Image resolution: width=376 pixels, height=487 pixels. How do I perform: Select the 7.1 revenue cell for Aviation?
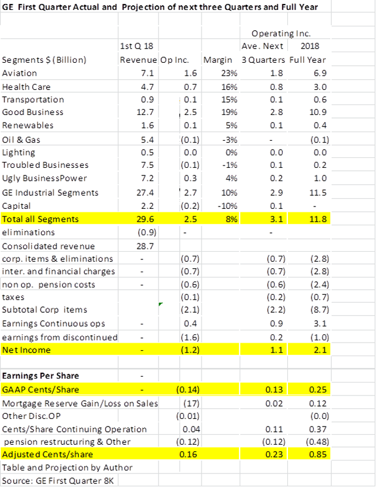147,73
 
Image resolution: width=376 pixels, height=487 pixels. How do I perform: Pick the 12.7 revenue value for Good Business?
145,112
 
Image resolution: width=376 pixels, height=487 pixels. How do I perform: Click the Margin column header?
216,60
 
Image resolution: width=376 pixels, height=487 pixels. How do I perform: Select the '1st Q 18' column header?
137,46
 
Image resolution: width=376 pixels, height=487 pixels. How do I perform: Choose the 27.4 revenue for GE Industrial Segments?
145,192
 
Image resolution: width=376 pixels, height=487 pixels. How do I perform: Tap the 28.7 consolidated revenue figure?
145,246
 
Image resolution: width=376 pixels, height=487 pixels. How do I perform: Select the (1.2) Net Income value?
187,350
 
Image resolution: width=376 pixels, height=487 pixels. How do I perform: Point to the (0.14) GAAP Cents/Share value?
186,390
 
